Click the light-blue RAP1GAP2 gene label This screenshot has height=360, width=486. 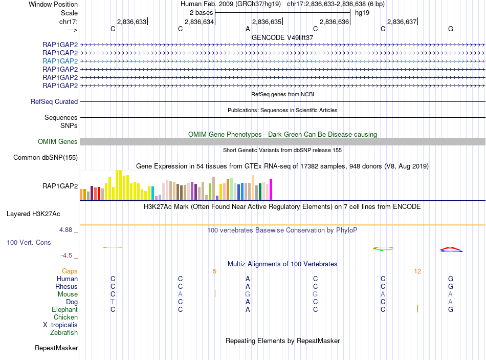(60, 61)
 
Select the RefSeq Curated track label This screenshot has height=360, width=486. (54, 102)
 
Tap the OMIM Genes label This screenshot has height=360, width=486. (58, 142)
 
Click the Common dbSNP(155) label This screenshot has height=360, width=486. (45, 158)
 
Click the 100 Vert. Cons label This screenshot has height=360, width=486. (29, 242)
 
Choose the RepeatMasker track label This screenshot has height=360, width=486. (56, 348)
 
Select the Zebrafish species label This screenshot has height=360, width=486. (64, 333)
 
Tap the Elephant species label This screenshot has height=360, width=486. (64, 310)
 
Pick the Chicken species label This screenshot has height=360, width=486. (65, 317)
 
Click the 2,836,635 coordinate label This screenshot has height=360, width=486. (267, 22)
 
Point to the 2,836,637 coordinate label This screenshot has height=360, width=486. (402, 22)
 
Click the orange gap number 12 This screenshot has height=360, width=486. (418, 271)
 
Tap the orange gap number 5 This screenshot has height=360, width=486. (215, 271)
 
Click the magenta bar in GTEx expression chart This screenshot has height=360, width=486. (271, 189)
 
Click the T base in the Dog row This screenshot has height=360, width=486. (113, 302)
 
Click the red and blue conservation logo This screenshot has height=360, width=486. (451, 249)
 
